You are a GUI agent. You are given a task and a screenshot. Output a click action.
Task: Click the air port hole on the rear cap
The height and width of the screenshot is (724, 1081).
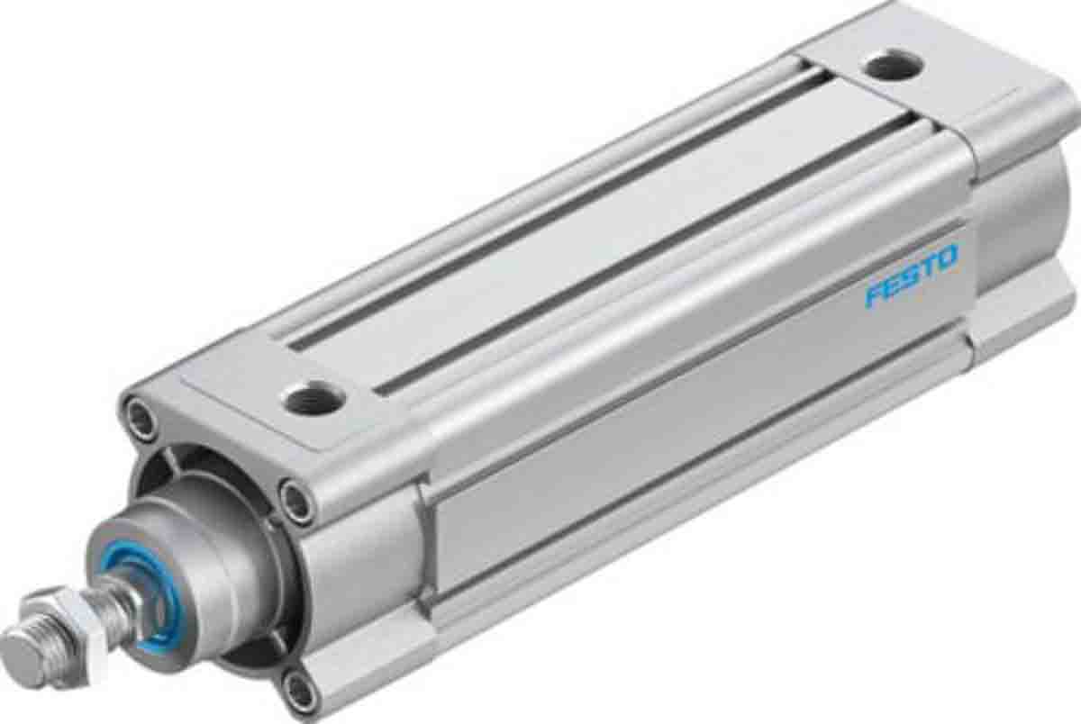tap(891, 66)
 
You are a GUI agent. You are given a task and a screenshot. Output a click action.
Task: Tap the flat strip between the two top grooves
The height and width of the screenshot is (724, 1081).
tap(586, 234)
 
